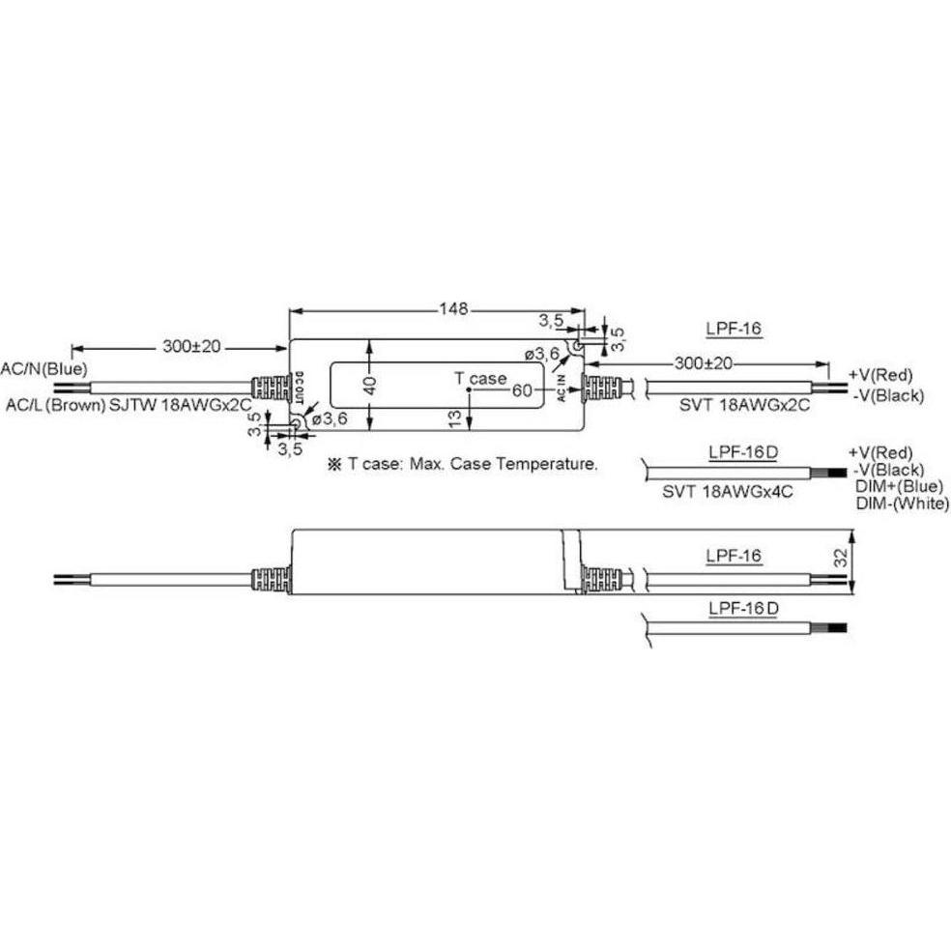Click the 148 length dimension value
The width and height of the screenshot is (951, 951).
(x=453, y=309)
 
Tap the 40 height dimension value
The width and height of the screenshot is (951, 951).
(x=369, y=385)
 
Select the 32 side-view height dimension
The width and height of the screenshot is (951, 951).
(x=840, y=558)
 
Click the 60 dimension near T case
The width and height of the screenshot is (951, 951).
(x=522, y=390)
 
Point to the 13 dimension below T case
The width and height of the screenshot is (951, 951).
(x=454, y=418)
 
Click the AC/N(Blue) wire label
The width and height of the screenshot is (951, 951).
(x=43, y=368)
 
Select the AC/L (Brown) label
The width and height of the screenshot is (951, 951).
(x=56, y=405)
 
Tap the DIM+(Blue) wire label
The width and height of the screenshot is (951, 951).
(x=900, y=486)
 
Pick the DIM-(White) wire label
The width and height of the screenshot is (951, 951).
(x=903, y=503)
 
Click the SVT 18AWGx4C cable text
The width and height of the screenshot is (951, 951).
(x=727, y=491)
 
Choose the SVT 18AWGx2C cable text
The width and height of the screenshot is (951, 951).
(x=744, y=405)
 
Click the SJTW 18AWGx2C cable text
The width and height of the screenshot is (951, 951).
(x=180, y=405)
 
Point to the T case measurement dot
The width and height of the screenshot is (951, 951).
(x=469, y=390)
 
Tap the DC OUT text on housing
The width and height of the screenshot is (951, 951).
(x=299, y=389)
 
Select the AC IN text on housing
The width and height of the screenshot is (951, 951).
(x=561, y=389)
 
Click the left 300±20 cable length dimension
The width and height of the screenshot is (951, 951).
(x=191, y=347)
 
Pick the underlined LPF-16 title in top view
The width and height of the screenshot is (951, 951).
(x=734, y=329)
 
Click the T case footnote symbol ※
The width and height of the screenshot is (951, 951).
(x=334, y=465)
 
